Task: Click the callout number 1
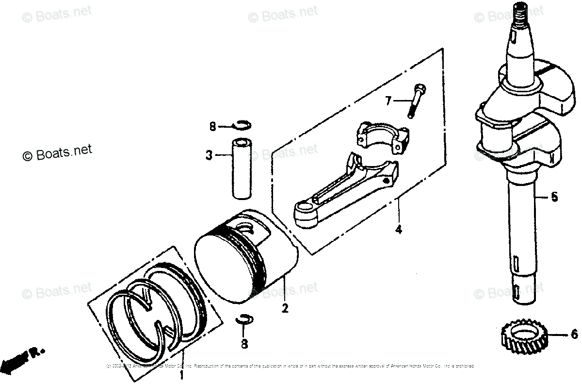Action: tap(181, 375)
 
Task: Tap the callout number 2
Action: tap(285, 308)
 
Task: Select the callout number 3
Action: tap(209, 156)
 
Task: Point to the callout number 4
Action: tap(398, 230)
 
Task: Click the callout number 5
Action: tap(554, 197)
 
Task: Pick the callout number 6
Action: tap(574, 335)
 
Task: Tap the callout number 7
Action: tap(388, 101)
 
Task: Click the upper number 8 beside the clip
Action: tap(211, 127)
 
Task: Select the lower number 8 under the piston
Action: tap(244, 344)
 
